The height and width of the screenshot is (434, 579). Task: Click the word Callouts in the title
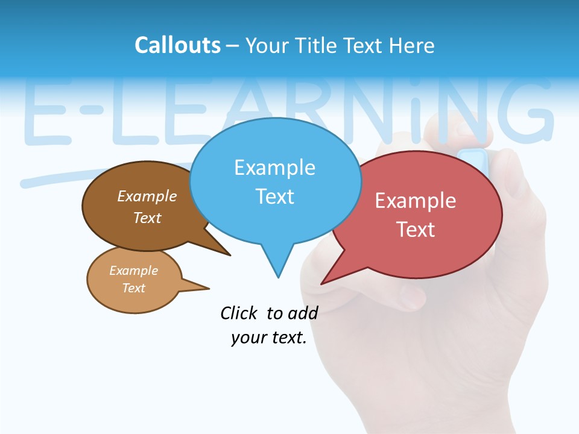[177, 45]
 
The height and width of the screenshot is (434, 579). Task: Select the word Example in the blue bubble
[274, 168]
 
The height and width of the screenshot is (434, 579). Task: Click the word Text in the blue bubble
[274, 197]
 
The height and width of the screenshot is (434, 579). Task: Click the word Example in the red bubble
[416, 201]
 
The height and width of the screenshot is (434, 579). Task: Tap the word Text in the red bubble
[416, 230]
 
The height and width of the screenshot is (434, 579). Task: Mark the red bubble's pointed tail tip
[322, 283]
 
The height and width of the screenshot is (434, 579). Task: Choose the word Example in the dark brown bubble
[147, 196]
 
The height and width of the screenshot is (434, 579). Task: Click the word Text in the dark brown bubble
[147, 218]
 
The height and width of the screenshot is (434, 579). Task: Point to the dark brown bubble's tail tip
[230, 255]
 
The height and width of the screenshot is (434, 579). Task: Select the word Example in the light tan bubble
[133, 271]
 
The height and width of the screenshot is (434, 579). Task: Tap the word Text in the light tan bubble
[133, 288]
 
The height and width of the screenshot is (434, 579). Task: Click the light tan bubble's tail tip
[209, 288]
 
